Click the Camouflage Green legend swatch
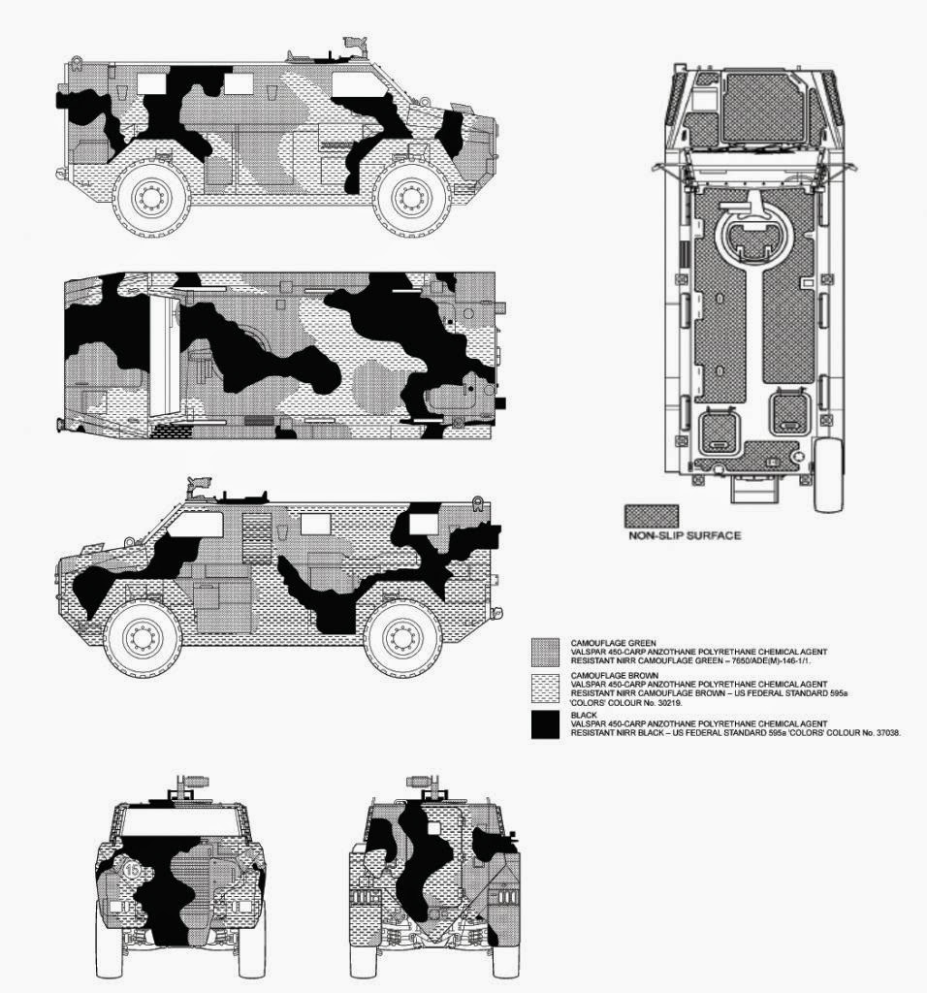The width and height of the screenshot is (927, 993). pos(545,653)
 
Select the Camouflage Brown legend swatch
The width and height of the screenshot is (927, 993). pos(545,689)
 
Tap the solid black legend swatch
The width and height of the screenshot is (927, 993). pos(545,725)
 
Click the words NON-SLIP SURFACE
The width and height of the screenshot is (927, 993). pos(685,535)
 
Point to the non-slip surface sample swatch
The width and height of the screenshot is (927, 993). pos(652,516)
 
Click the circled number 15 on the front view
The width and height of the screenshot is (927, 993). pos(133,869)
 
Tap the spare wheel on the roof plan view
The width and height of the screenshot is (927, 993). pos(829,474)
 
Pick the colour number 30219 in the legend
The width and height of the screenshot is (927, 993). pos(670,702)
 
